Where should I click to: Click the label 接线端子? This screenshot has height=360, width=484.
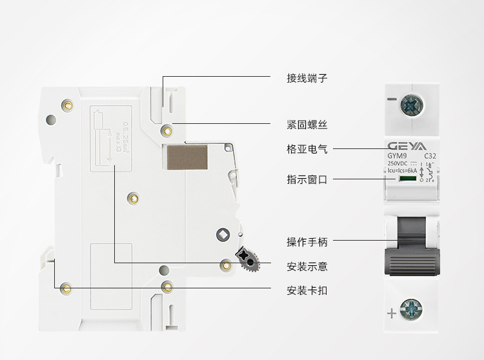click(307, 78)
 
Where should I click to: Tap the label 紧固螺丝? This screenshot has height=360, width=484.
click(307, 124)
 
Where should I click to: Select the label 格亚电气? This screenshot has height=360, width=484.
click(307, 149)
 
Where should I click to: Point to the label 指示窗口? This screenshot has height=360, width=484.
click(307, 180)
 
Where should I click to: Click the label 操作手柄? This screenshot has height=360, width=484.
click(307, 242)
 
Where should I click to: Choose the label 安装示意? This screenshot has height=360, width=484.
click(307, 266)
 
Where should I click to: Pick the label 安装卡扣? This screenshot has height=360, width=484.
click(307, 290)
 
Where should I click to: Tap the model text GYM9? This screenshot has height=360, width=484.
click(396, 156)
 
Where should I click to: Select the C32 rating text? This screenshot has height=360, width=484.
click(430, 156)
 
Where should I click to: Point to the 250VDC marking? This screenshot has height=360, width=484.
click(398, 165)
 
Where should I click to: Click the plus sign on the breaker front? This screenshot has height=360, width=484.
click(391, 314)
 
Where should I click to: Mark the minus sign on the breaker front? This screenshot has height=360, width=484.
click(391, 100)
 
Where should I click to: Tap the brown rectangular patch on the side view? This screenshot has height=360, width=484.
click(187, 157)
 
